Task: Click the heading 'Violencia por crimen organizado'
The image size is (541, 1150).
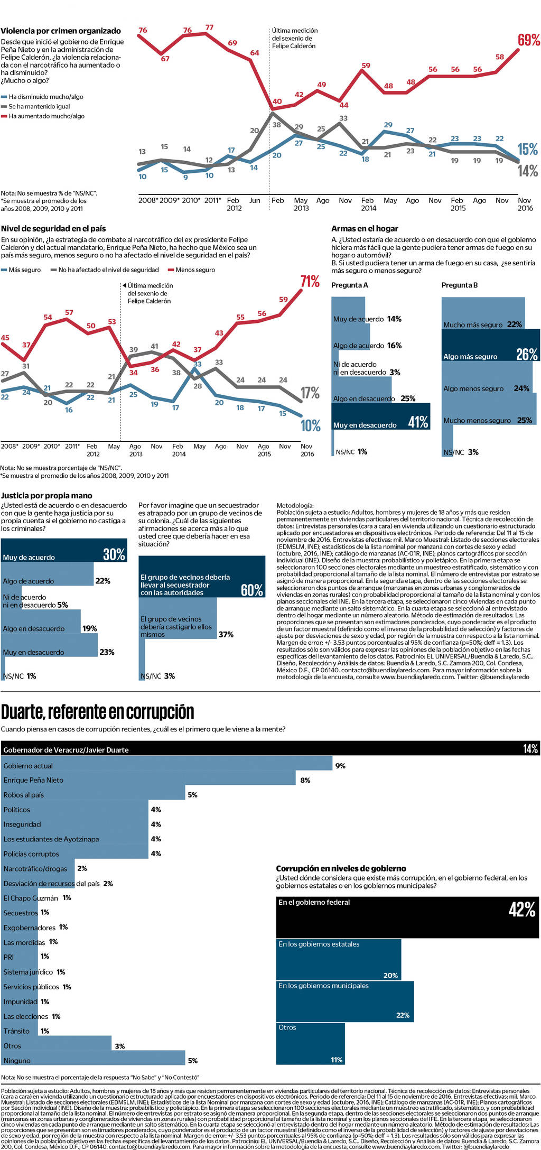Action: click(61, 31)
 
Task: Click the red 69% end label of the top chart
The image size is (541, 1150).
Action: click(528, 40)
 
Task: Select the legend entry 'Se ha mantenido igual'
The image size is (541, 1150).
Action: click(39, 106)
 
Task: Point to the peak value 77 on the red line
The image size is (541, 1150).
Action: click(209, 27)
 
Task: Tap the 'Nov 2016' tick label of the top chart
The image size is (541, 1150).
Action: click(525, 204)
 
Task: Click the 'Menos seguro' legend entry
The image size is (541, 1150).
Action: click(195, 270)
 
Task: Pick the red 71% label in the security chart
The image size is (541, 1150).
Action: click(310, 282)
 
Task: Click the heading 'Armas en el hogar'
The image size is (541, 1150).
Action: click(365, 229)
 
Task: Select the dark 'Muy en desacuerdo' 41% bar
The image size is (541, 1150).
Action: click(380, 416)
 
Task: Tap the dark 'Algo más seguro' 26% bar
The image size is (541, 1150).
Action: click(490, 345)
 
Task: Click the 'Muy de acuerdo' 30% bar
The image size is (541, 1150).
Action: click(63, 550)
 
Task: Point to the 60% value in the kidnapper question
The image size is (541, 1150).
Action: click(252, 590)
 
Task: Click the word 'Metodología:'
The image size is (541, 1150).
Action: click(295, 505)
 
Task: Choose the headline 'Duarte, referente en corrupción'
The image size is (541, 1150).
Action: click(98, 712)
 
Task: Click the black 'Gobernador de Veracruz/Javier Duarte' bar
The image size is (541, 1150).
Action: click(269, 748)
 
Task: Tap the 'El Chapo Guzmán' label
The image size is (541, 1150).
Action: click(31, 898)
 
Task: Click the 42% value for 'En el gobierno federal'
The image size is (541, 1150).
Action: click(522, 910)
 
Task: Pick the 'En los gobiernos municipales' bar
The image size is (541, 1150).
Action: click(344, 1001)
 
